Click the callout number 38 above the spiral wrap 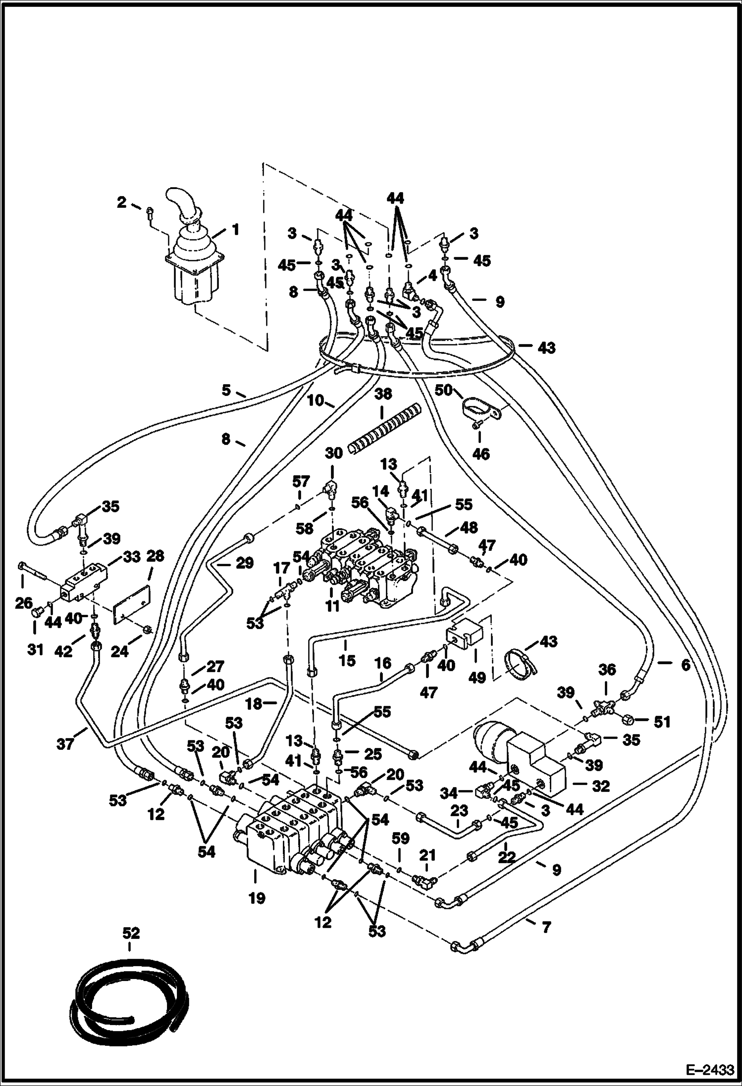[x=383, y=395]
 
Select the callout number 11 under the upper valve [x=332, y=605]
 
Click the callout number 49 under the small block [x=477, y=677]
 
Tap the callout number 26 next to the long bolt [x=24, y=603]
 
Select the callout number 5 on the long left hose [x=226, y=391]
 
